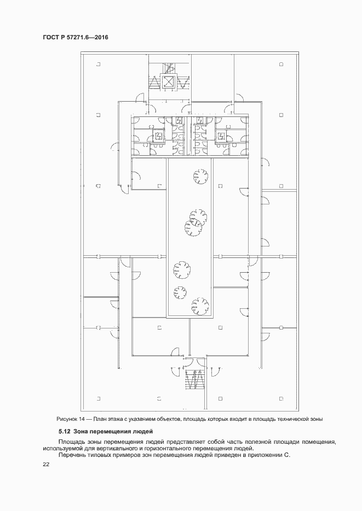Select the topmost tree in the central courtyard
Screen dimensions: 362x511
click(x=200, y=177)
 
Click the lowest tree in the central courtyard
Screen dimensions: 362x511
click(x=200, y=307)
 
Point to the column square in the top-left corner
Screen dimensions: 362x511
click(x=98, y=64)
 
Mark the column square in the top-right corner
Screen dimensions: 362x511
click(x=281, y=64)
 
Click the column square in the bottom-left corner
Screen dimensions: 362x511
click(x=98, y=398)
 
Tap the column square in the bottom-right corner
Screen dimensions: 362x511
click(x=281, y=398)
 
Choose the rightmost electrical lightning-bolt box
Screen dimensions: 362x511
click(x=221, y=135)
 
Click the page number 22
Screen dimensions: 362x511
click(x=46, y=465)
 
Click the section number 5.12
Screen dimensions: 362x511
click(x=64, y=432)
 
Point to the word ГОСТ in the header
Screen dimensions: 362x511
click(x=50, y=38)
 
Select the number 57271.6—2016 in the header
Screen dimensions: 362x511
click(x=88, y=38)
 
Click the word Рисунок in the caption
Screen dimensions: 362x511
click(x=67, y=419)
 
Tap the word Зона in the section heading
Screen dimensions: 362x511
click(x=81, y=432)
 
